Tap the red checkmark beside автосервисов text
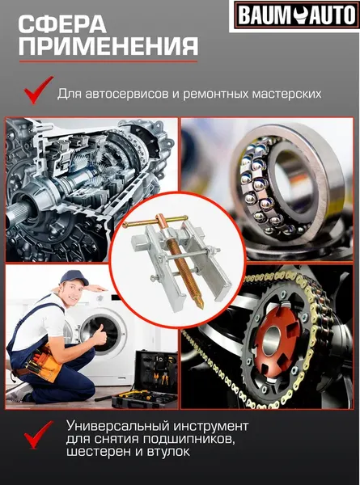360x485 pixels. (36, 91)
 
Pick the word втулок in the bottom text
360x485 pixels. (171, 453)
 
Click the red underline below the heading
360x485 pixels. (100, 61)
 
